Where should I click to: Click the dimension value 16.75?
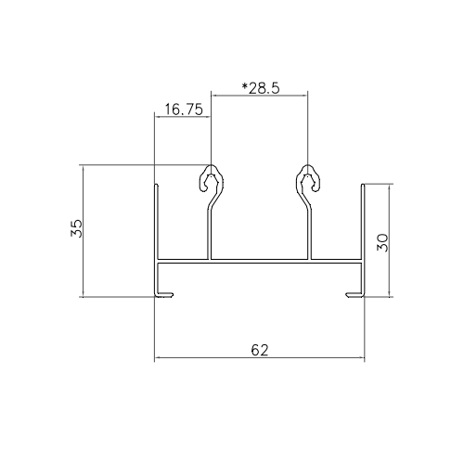pos(182,109)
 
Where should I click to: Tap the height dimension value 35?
pos(76,229)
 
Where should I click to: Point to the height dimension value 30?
pos(382,241)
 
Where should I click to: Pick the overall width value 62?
pos(261,350)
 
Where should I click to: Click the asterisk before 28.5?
pos(244,86)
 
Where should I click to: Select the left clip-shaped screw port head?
pos(212,179)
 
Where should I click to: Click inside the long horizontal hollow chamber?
pos(260,275)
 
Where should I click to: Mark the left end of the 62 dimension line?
pos(156,358)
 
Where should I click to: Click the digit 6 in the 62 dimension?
pos(255,350)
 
